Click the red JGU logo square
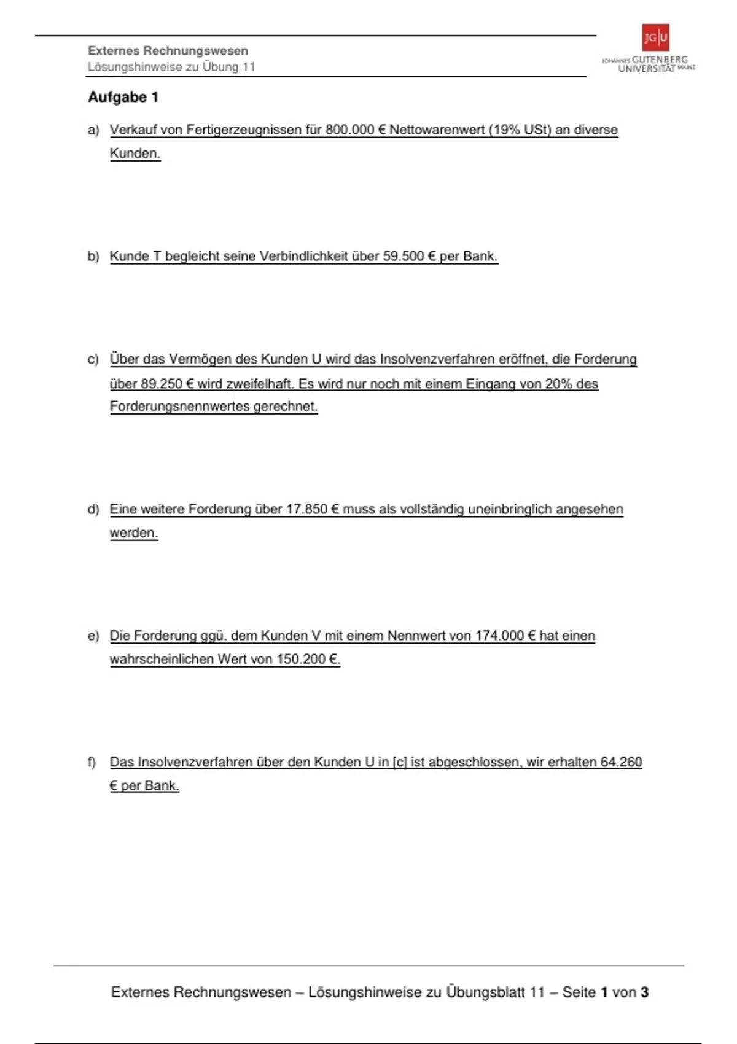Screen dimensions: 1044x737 tap(655, 37)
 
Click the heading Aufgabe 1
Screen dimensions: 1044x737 tap(123, 97)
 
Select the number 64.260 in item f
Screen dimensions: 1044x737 tap(621, 762)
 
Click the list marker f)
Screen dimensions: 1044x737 tap(92, 762)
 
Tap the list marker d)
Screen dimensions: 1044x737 tap(93, 509)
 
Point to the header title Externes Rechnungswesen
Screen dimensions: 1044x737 tap(168, 51)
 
